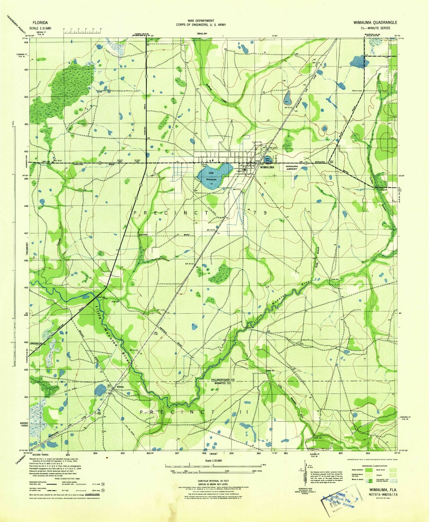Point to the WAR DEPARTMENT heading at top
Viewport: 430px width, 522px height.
point(201,21)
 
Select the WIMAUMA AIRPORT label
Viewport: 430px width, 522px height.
point(291,168)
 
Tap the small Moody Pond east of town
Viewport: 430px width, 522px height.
point(268,160)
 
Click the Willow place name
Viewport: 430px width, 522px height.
point(120,387)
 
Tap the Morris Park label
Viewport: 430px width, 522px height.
point(357,91)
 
